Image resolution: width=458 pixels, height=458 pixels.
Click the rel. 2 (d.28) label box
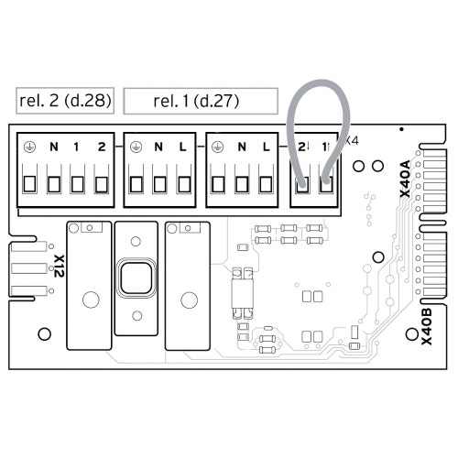[x=65, y=101]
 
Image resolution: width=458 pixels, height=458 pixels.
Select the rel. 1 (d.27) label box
[x=201, y=101]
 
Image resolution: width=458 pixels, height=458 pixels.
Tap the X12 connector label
[x=59, y=266]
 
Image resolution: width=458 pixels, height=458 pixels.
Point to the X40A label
[x=406, y=179]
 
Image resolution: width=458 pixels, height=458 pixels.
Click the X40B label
[x=427, y=326]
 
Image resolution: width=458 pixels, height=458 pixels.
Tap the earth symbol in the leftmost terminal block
[x=29, y=147]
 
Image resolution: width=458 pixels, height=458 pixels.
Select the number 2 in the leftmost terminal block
[x=102, y=147]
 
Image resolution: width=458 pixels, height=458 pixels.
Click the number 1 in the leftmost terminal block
[x=76, y=147]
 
